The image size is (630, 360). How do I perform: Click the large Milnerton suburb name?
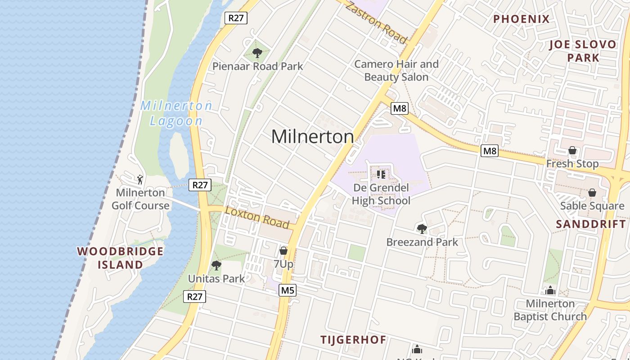tap(312, 136)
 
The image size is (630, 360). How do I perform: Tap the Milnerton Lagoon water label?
tap(176, 113)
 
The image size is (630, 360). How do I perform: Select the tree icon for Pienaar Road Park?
tap(257, 54)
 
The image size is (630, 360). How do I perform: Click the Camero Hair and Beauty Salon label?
tap(396, 71)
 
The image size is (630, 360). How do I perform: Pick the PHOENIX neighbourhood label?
tap(522, 19)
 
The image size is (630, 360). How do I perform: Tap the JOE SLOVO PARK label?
tap(583, 51)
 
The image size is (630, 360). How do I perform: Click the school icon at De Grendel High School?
tap(381, 174)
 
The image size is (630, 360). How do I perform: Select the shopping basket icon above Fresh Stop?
tap(572, 150)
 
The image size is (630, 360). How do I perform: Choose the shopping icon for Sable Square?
tap(592, 193)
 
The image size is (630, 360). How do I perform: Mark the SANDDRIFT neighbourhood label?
tap(590, 224)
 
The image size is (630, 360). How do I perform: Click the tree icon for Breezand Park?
tap(422, 229)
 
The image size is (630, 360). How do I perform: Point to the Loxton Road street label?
tap(257, 217)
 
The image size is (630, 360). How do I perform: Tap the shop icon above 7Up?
tap(283, 251)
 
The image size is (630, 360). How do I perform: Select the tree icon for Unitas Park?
tap(216, 265)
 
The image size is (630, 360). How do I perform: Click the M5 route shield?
tap(287, 290)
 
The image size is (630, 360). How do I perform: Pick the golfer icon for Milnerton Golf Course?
tap(140, 180)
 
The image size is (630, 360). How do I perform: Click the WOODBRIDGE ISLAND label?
tap(121, 258)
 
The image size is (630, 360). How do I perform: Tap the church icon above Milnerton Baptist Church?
tap(550, 290)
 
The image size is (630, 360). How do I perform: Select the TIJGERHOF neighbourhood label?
tap(353, 340)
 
